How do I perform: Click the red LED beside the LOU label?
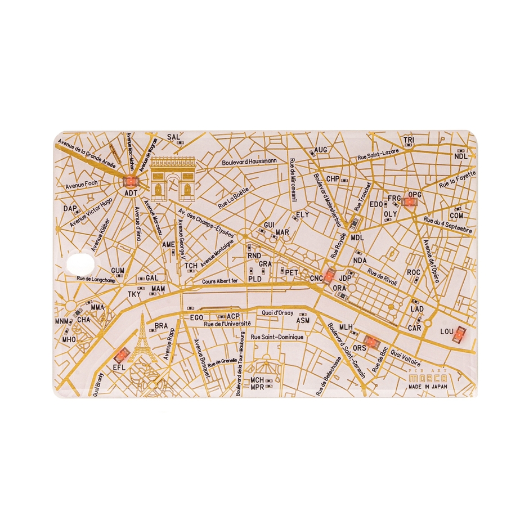tap(460, 335)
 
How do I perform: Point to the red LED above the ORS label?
tap(370, 340)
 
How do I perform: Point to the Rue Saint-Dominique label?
tap(277, 337)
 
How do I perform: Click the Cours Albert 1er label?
tap(221, 280)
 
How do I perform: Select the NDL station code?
tap(460, 156)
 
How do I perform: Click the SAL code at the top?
tap(173, 137)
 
